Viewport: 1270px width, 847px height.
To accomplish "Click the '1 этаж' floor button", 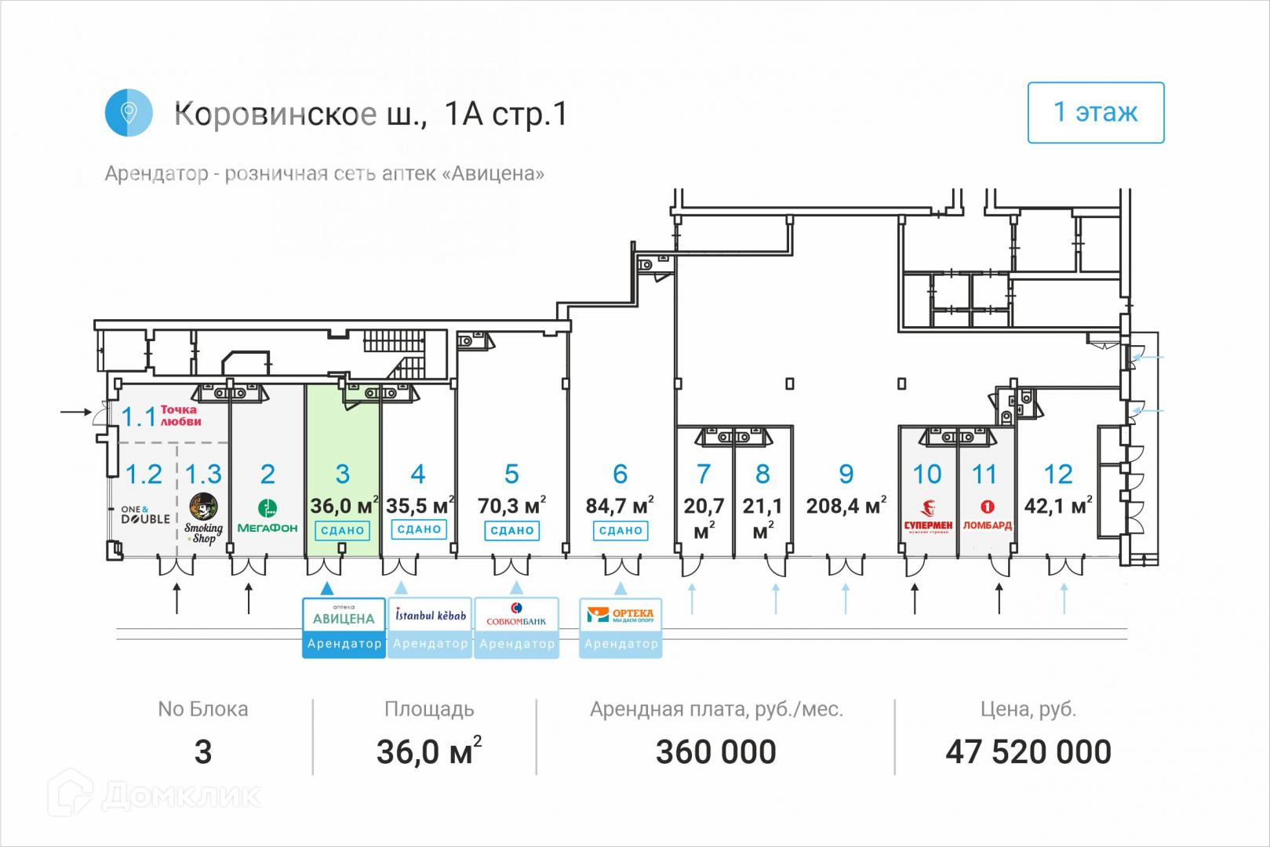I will coord(1095,113).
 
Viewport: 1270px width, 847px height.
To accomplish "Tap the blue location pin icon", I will coord(128,113).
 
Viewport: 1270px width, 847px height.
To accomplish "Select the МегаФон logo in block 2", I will coord(267,518).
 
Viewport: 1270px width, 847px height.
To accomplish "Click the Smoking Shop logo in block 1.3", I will coord(203,518).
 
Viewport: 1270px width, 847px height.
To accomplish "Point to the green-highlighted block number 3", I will coord(343,474).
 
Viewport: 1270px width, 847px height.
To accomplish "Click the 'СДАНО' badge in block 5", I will coord(511,530).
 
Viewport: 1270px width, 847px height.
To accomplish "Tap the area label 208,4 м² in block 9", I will coord(846,506).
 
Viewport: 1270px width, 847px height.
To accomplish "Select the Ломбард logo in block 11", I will coord(987,517).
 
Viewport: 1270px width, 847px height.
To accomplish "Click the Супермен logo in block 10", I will coord(928,517).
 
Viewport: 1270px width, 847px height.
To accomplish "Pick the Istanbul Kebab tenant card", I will coord(430,627).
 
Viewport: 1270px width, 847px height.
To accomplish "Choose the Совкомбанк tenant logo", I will coord(516,615).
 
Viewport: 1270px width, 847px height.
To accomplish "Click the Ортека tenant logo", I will coord(620,615).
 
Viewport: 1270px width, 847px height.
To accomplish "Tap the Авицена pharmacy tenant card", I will coord(344,627).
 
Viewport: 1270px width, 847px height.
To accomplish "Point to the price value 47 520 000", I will coord(1028,752).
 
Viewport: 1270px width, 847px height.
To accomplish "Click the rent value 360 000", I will coord(715,752).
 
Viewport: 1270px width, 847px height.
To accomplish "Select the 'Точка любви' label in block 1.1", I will coord(180,416).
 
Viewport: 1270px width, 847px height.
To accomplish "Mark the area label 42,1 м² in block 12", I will coord(1058,506).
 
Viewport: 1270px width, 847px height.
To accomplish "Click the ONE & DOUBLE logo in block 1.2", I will coord(145,514).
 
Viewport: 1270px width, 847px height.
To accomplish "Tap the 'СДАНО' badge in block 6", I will coord(620,530).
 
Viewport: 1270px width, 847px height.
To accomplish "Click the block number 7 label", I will coord(704,474).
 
